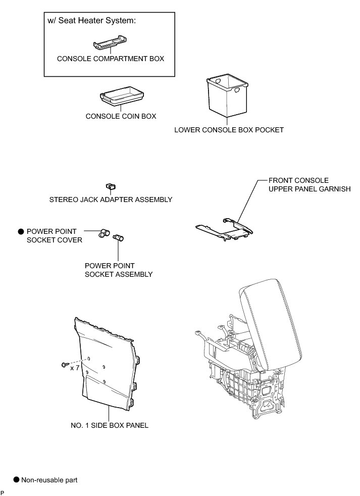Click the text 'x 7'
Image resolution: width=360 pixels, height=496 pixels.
(x=75, y=368)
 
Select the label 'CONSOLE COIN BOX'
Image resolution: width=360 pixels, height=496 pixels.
(x=121, y=116)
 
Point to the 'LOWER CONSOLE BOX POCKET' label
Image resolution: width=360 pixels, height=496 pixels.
(x=229, y=130)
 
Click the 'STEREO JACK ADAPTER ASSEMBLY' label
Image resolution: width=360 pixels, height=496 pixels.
(x=111, y=200)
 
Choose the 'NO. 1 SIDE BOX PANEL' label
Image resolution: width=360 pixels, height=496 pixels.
(x=110, y=425)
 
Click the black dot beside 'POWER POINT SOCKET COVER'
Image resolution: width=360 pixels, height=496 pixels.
(x=21, y=231)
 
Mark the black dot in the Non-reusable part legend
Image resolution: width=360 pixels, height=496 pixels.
(x=16, y=479)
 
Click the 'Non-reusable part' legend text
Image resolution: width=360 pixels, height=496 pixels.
(x=49, y=480)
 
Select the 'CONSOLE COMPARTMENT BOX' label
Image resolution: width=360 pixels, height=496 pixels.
(x=110, y=59)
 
